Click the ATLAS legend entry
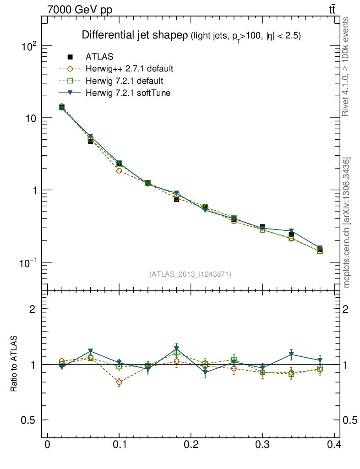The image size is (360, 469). point(99,57)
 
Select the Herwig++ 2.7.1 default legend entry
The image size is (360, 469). point(129,69)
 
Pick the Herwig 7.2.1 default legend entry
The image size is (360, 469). point(124,81)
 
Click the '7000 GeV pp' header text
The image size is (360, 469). point(79,10)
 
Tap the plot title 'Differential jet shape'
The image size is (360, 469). point(132,35)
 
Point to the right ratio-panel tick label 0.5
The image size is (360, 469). point(350,420)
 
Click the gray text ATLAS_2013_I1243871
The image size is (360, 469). point(190,274)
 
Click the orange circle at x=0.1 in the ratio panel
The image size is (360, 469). point(119,382)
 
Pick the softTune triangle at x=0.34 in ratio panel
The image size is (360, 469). point(291,354)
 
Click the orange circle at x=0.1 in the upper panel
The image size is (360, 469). point(119,171)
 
